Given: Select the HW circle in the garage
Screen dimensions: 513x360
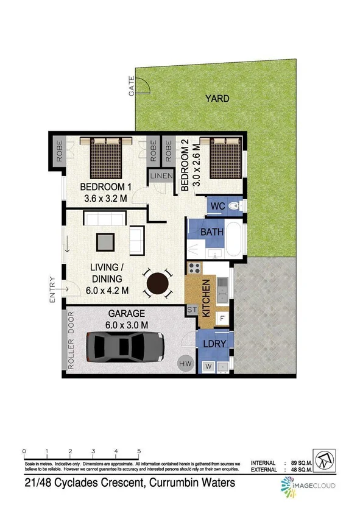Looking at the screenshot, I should click(185, 364).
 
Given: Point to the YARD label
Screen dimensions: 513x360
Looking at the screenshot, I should click(217, 98).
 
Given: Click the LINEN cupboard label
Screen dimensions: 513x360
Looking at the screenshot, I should click(161, 176).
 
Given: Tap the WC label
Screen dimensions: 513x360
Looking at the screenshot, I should click(217, 207).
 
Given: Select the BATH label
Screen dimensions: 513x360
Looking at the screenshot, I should click(211, 232).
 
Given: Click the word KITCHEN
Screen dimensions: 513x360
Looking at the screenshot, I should click(206, 298).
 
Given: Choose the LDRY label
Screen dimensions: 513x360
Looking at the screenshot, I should click(213, 344).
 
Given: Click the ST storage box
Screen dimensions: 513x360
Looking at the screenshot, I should click(190, 311).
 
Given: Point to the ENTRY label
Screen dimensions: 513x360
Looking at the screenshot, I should click(52, 290).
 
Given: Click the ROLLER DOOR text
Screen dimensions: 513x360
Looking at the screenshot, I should click(71, 341).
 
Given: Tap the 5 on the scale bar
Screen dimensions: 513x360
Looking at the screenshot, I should click(139, 451).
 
